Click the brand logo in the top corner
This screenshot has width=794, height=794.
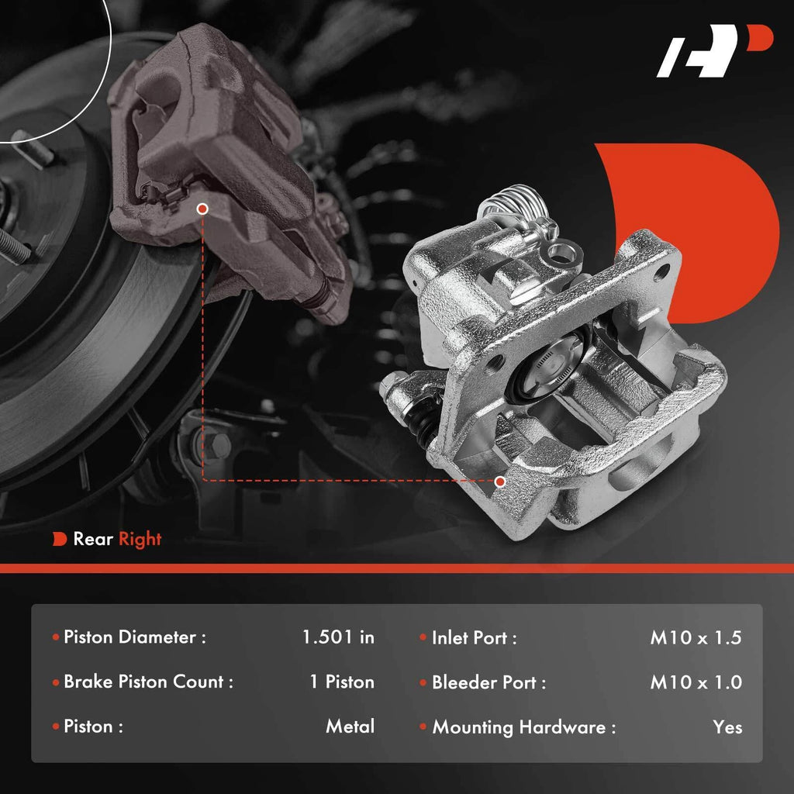[x=714, y=50]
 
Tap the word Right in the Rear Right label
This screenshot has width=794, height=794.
[x=140, y=540]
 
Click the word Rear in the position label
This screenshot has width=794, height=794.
[x=93, y=539]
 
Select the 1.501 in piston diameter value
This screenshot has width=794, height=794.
[x=338, y=637]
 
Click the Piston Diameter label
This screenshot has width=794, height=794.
[x=135, y=637]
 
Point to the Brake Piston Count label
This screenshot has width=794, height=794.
[x=148, y=682]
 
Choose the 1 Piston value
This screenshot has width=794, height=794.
[x=342, y=682]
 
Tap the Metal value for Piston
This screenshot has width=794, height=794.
[x=350, y=726]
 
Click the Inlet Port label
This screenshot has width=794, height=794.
[x=474, y=637]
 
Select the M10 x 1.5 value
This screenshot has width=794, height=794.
[x=696, y=637]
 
